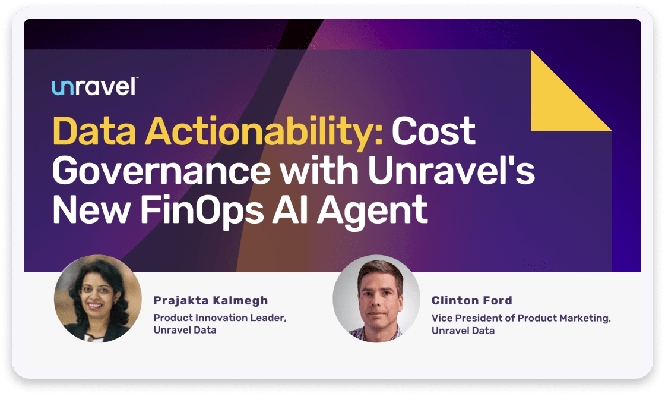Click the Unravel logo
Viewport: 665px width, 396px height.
pyautogui.click(x=95, y=87)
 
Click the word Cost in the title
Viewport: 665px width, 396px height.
pyautogui.click(x=433, y=131)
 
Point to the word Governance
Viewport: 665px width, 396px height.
pyautogui.click(x=161, y=171)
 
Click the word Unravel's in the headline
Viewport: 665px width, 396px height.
pyautogui.click(x=451, y=171)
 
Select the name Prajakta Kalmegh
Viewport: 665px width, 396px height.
pyautogui.click(x=211, y=300)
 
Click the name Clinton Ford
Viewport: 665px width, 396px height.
pyautogui.click(x=472, y=300)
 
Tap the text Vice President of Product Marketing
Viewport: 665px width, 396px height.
pyautogui.click(x=521, y=318)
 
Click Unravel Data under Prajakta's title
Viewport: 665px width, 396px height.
pyautogui.click(x=185, y=330)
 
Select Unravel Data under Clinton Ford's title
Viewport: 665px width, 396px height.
pyautogui.click(x=463, y=331)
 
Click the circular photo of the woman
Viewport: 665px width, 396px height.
pyautogui.click(x=98, y=298)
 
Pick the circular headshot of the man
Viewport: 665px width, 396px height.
pyautogui.click(x=376, y=298)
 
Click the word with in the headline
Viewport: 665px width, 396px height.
pyautogui.click(x=319, y=171)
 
